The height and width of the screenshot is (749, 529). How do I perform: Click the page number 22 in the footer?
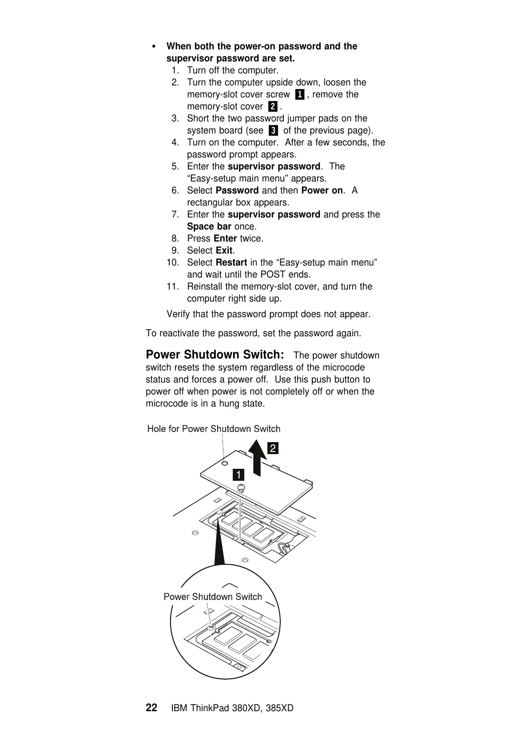click(x=151, y=708)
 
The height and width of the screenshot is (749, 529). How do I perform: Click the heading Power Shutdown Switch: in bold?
click(x=215, y=354)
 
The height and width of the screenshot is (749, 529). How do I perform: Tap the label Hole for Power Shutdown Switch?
click(x=214, y=429)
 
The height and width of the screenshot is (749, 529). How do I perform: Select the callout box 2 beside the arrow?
click(x=273, y=448)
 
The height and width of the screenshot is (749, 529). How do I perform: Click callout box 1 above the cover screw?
click(x=239, y=474)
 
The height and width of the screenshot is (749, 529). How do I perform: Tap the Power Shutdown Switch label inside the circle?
click(x=213, y=597)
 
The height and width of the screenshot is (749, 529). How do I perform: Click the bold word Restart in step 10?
click(x=231, y=262)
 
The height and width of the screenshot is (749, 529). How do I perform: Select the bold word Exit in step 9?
click(x=224, y=250)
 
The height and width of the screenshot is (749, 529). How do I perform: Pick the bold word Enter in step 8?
click(x=225, y=238)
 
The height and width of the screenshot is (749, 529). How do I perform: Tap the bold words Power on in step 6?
click(x=322, y=190)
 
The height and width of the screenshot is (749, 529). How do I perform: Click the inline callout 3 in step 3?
click(x=273, y=130)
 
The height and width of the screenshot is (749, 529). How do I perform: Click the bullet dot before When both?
click(x=154, y=47)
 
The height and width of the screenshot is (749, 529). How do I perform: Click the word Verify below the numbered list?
click(x=179, y=314)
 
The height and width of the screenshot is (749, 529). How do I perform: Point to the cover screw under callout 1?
click(x=240, y=488)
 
